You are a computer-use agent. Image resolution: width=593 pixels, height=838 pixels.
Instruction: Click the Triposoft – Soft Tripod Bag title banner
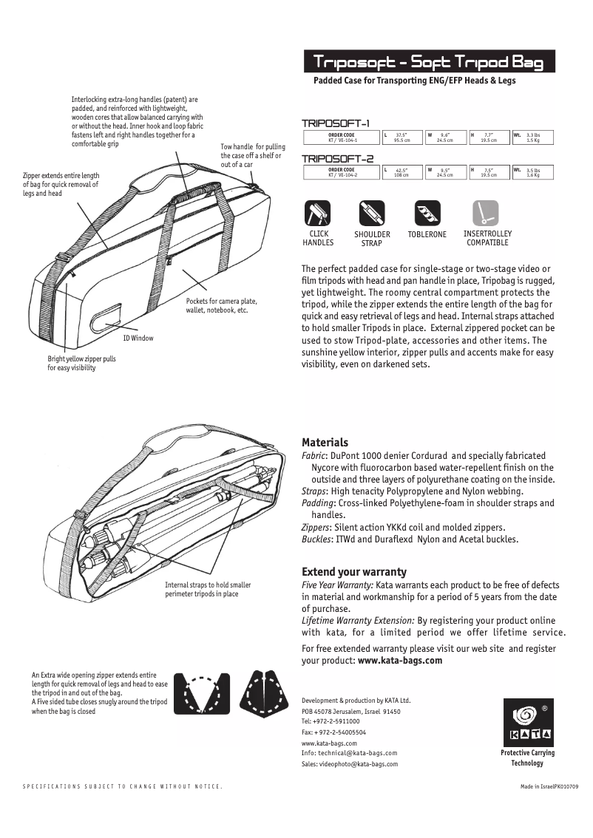pos(428,62)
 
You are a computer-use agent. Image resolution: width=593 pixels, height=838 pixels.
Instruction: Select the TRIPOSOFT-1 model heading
pos(336,123)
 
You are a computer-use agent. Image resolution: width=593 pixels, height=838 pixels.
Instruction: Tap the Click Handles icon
pos(318,213)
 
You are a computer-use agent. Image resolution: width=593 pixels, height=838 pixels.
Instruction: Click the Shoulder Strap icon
pos(372,213)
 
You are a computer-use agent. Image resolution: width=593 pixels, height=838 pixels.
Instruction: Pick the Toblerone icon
pos(427,213)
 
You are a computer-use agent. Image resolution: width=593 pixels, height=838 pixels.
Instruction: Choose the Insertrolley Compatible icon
pos(487,213)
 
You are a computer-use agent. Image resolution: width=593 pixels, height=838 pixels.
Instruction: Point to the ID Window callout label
pos(138,338)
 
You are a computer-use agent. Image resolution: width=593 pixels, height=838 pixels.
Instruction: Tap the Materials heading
pos(325,443)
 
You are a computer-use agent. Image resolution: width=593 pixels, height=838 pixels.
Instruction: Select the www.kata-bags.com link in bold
pos(400,661)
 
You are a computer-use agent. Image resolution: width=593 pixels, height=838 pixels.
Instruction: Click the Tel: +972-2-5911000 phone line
pos(331,721)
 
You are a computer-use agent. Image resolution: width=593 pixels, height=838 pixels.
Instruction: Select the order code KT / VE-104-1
pos(341,140)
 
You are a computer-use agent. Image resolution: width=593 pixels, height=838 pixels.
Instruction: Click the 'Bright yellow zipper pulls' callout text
pos(82,359)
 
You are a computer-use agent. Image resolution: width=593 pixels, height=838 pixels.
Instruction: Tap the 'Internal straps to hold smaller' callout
pos(208,585)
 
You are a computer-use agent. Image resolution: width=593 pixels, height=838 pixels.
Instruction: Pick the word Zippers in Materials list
pos(316,527)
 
